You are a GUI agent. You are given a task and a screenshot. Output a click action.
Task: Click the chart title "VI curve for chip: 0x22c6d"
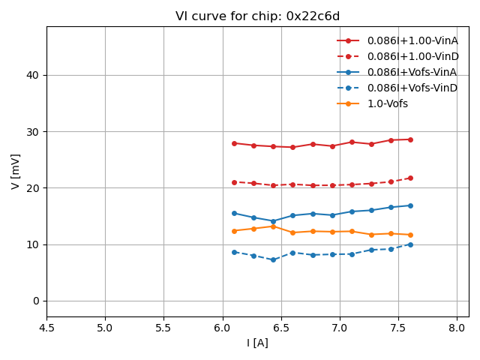coord(257,16)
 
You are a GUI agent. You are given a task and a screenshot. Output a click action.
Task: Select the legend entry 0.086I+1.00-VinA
coord(412,40)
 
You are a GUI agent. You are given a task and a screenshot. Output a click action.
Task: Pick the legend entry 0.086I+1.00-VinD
coord(412,56)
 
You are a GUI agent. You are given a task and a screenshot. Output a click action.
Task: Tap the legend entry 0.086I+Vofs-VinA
coord(412,72)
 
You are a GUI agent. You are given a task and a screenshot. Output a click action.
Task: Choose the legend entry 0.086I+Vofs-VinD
coord(412,88)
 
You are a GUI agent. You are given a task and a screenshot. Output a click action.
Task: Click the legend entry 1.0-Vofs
coord(387,103)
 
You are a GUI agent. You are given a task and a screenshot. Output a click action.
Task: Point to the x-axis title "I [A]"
coord(257,343)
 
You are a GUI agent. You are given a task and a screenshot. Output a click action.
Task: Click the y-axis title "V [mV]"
coord(16,171)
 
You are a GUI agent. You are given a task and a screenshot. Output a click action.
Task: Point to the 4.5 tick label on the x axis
coord(46,328)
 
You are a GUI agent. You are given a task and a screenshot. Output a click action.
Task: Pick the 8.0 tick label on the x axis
coord(457,328)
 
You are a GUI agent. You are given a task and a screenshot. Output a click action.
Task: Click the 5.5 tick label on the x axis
coord(163,328)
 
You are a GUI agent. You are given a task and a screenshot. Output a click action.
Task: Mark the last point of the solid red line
coord(410,139)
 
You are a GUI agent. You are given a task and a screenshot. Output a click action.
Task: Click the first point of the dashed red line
coord(234,182)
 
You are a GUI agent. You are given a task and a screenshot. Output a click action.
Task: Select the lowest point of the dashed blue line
coord(273,259)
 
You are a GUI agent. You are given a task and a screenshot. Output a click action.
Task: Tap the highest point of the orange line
coord(273,226)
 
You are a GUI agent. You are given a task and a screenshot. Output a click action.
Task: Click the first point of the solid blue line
coord(234,213)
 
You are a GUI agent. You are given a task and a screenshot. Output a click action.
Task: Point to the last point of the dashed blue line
coord(410,244)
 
